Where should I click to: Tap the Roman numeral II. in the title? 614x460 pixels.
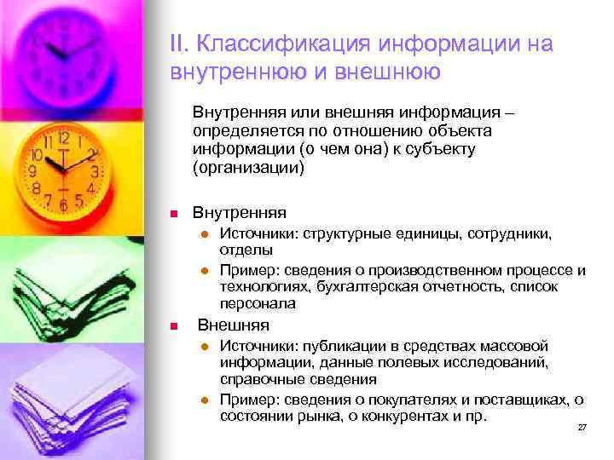(181, 43)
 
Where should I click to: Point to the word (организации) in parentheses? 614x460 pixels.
(248, 167)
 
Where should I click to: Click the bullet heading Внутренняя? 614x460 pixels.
(240, 212)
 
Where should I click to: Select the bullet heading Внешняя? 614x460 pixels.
(234, 325)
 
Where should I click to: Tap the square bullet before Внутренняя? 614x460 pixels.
(172, 213)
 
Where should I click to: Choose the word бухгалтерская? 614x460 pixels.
(380, 287)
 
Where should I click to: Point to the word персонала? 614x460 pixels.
(258, 303)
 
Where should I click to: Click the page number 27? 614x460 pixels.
(582, 427)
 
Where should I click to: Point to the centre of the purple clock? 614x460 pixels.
(61, 53)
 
